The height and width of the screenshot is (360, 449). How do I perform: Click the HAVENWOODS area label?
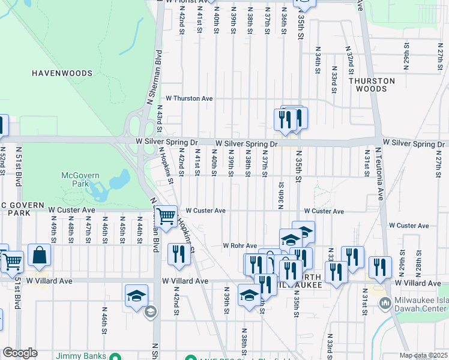point(62,73)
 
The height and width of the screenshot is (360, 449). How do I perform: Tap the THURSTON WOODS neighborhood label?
point(372,85)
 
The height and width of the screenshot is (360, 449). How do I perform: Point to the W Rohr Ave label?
point(240,245)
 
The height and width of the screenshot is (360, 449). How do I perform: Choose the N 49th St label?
point(54,229)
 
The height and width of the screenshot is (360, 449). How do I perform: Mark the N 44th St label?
point(139,229)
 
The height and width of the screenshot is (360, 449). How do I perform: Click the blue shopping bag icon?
point(39,255)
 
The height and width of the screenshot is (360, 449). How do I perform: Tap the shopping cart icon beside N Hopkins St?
point(165,216)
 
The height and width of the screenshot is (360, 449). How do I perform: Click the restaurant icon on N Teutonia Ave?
point(380,267)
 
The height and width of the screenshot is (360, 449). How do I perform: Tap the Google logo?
point(20,353)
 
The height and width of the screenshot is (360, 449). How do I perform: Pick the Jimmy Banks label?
point(77,355)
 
